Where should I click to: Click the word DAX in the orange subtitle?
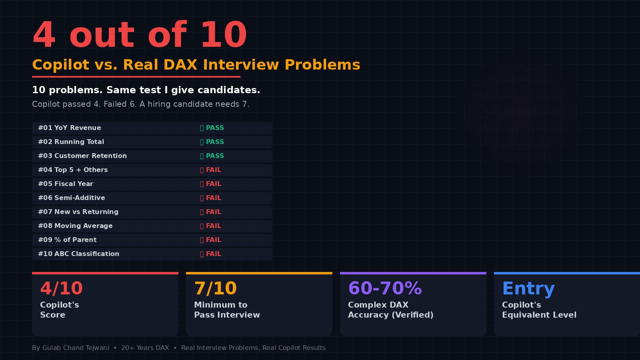coord(180,64)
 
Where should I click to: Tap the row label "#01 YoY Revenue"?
coord(70,128)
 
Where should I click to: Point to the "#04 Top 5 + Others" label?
coord(73,170)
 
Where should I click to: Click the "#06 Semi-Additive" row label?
coord(72,198)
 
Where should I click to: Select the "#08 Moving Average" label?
coord(76,226)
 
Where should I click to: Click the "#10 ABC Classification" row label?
coord(78,254)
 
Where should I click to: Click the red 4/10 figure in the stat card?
coord(62,288)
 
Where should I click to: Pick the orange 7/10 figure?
coord(216,288)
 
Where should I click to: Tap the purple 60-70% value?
coord(385,288)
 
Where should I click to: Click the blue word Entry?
coord(528,288)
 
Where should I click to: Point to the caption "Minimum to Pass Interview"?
coord(227,310)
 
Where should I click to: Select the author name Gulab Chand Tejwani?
coord(76,348)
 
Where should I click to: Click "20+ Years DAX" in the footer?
coord(145,348)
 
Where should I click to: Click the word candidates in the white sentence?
coord(229,90)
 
